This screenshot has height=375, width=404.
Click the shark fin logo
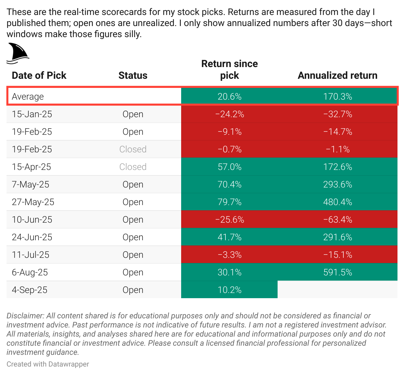coord(18,53)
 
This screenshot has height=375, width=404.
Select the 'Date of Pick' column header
coord(39,76)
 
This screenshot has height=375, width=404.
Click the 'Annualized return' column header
coord(338,76)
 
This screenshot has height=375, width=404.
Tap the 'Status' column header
coord(133,76)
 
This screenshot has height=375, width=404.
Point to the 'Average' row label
coord(28,97)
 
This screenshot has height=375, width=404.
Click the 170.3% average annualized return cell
coord(338,97)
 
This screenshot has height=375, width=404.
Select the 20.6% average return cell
coord(229,97)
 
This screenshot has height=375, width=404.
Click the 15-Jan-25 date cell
coord(32,114)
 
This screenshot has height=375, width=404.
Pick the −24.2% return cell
coord(229,114)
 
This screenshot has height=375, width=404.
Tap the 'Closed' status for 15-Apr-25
coord(133,167)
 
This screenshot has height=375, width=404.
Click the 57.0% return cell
coord(229,167)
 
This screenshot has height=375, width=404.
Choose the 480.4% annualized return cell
coord(338,202)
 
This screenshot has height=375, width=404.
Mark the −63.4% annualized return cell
coord(338,220)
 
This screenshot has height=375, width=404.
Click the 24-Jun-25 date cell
coord(32,237)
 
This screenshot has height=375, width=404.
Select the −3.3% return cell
coord(229,255)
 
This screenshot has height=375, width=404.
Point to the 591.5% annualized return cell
coord(338,272)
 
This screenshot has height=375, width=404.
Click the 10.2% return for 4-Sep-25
coord(229,290)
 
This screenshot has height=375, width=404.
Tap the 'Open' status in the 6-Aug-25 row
coord(133,272)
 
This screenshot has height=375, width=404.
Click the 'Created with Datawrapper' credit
coord(48,364)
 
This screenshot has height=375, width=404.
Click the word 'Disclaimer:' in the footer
coord(25,316)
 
